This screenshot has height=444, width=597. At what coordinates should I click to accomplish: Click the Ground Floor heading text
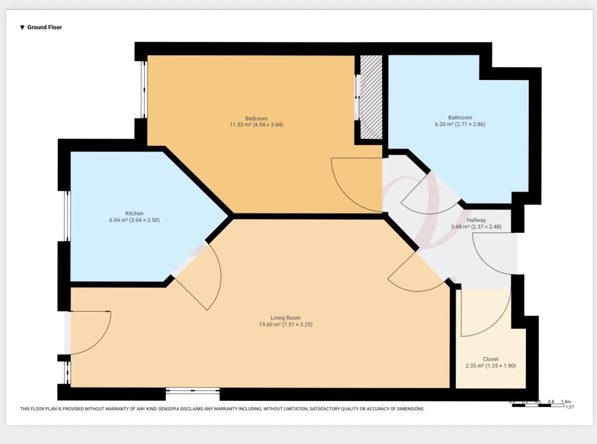(44, 27)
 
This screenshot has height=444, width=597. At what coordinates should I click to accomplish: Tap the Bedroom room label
(256, 118)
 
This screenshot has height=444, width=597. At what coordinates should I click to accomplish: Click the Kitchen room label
(134, 213)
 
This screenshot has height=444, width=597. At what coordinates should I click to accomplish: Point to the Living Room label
(285, 318)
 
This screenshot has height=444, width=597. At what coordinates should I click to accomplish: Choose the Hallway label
(476, 220)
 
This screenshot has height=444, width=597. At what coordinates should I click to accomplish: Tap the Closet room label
(491, 359)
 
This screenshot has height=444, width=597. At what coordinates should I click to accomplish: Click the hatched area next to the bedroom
(371, 97)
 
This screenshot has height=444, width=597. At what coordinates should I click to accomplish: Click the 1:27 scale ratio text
(569, 407)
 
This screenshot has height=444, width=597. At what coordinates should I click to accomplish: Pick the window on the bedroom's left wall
(144, 89)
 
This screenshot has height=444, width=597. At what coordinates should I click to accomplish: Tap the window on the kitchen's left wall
(67, 216)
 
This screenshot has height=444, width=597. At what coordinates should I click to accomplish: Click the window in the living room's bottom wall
(193, 391)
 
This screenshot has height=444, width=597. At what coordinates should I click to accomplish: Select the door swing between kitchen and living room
(203, 279)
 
